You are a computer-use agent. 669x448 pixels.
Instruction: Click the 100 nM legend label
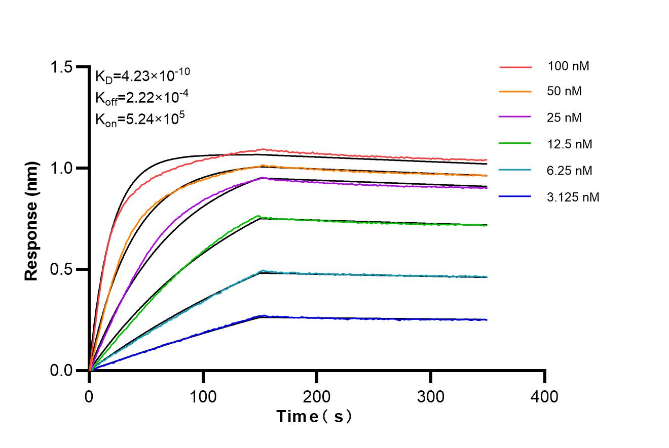(x=568, y=66)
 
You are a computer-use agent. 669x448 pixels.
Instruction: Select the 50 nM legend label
(x=565, y=92)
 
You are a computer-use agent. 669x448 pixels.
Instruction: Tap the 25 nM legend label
(x=565, y=118)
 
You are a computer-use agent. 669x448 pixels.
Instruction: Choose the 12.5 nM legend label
(x=570, y=144)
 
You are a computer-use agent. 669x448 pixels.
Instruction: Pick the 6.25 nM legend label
(x=570, y=171)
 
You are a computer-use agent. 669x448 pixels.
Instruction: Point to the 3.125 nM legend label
(x=573, y=197)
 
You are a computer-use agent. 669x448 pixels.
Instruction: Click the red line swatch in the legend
(x=515, y=66)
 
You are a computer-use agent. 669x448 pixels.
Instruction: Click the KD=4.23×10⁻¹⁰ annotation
(x=142, y=75)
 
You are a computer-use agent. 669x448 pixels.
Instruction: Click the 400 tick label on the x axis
(x=544, y=396)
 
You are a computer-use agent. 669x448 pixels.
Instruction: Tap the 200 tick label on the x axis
(x=317, y=396)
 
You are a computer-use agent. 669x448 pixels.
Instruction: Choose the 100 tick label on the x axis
(x=203, y=396)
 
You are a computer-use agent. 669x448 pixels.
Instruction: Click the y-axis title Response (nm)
(x=31, y=221)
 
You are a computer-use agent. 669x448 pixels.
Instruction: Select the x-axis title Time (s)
(x=314, y=417)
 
